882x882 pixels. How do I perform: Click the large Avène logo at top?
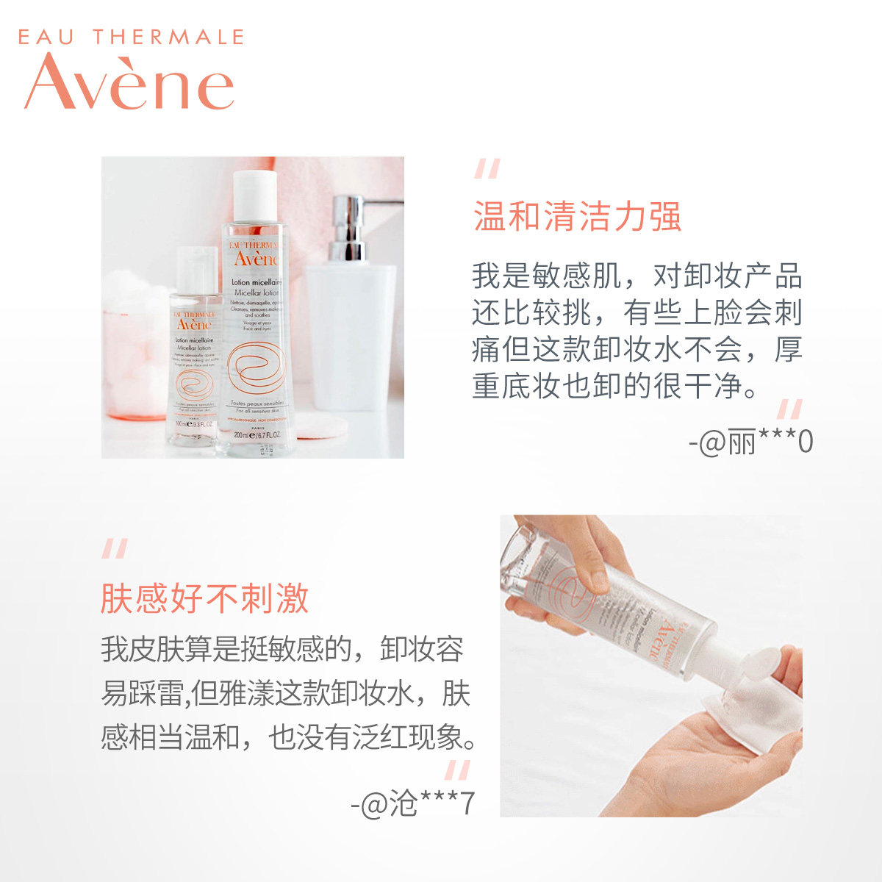129,82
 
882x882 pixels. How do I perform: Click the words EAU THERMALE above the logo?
130,37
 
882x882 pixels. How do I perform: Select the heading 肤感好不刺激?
204,598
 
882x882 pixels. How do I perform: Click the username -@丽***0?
751,442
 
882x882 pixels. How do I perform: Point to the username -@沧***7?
412,803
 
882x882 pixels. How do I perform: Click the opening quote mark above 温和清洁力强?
487,169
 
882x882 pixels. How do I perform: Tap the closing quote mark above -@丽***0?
789,409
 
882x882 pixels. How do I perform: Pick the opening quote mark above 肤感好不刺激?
115,548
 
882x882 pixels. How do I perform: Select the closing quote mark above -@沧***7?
457,770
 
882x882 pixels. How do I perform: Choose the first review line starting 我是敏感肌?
637,276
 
